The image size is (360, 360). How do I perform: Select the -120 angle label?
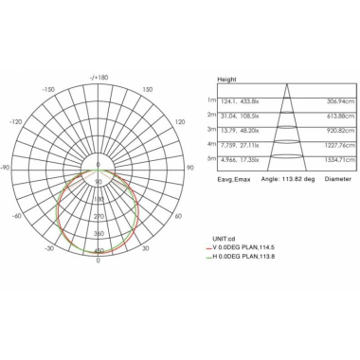15,121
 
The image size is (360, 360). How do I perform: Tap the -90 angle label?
5,168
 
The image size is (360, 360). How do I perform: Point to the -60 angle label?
16,215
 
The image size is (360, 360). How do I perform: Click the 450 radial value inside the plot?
99,250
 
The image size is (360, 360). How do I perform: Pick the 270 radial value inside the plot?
99,216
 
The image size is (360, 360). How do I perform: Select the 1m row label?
212,99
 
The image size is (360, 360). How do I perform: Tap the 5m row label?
212,161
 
